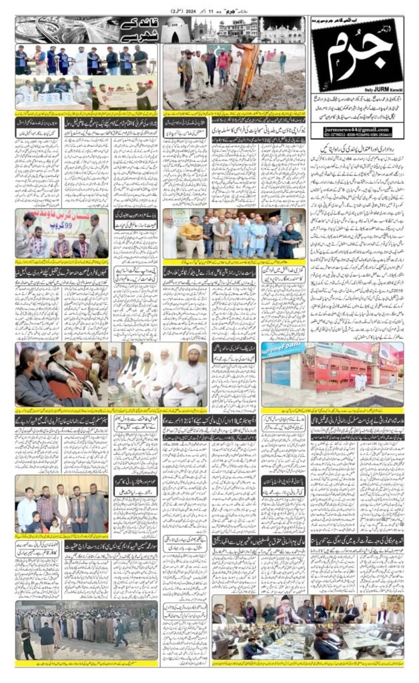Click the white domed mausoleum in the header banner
pyautogui.click(x=177, y=28)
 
